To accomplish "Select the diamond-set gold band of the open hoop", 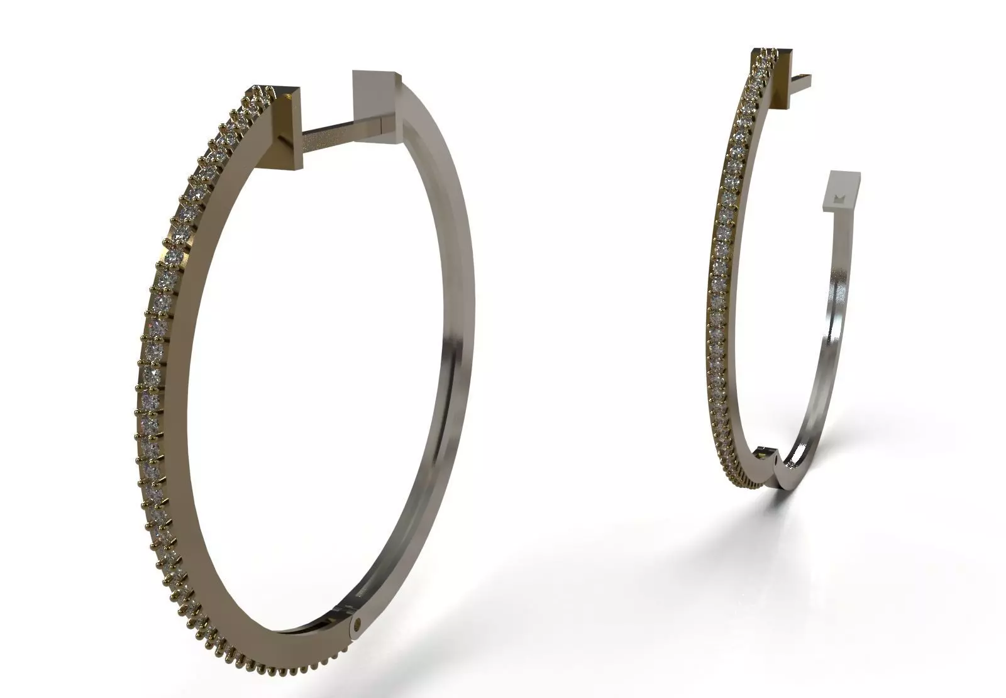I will click(x=723, y=283).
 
